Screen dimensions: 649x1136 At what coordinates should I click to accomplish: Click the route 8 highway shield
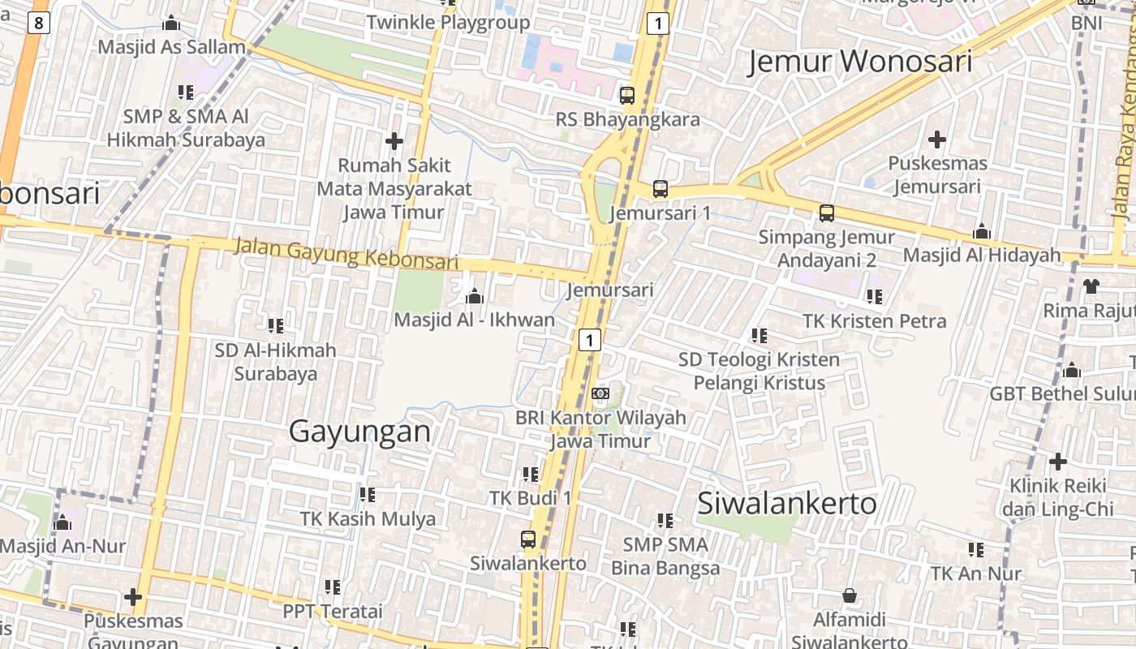coord(38,23)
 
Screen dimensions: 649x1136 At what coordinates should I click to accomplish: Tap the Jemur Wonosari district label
coord(859,62)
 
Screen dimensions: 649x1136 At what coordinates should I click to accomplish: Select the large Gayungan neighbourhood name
coord(360,431)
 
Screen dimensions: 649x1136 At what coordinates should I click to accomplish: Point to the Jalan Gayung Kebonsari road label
coord(346,253)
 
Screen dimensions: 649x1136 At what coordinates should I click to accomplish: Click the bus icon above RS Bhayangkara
coord(627,96)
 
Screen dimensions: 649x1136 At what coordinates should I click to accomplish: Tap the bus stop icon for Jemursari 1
coord(661,189)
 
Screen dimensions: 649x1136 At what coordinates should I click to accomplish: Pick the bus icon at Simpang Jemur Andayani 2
coord(826,213)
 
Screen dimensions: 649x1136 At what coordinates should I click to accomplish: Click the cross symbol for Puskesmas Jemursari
coord(937,140)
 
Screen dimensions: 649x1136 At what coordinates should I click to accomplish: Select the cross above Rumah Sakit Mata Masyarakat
coord(394,141)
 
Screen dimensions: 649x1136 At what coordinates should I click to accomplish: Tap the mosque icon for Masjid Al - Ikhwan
coord(475,296)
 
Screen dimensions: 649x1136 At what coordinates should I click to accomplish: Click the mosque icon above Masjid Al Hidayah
coord(982,232)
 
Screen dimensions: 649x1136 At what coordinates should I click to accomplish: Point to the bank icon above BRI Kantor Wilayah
coord(600,393)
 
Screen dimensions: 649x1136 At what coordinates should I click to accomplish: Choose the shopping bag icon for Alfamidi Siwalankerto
coord(849,596)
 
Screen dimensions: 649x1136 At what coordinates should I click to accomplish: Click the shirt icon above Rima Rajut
coord(1091,286)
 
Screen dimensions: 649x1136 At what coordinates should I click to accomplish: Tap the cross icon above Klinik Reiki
coord(1057,462)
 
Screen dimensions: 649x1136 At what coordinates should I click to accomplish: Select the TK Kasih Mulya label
coord(368,518)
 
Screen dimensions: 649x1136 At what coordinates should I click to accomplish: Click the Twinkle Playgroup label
coord(448,23)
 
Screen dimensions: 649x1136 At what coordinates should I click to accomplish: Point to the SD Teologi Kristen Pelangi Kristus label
coord(759,371)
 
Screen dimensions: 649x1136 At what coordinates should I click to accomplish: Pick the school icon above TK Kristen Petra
coord(874,297)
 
